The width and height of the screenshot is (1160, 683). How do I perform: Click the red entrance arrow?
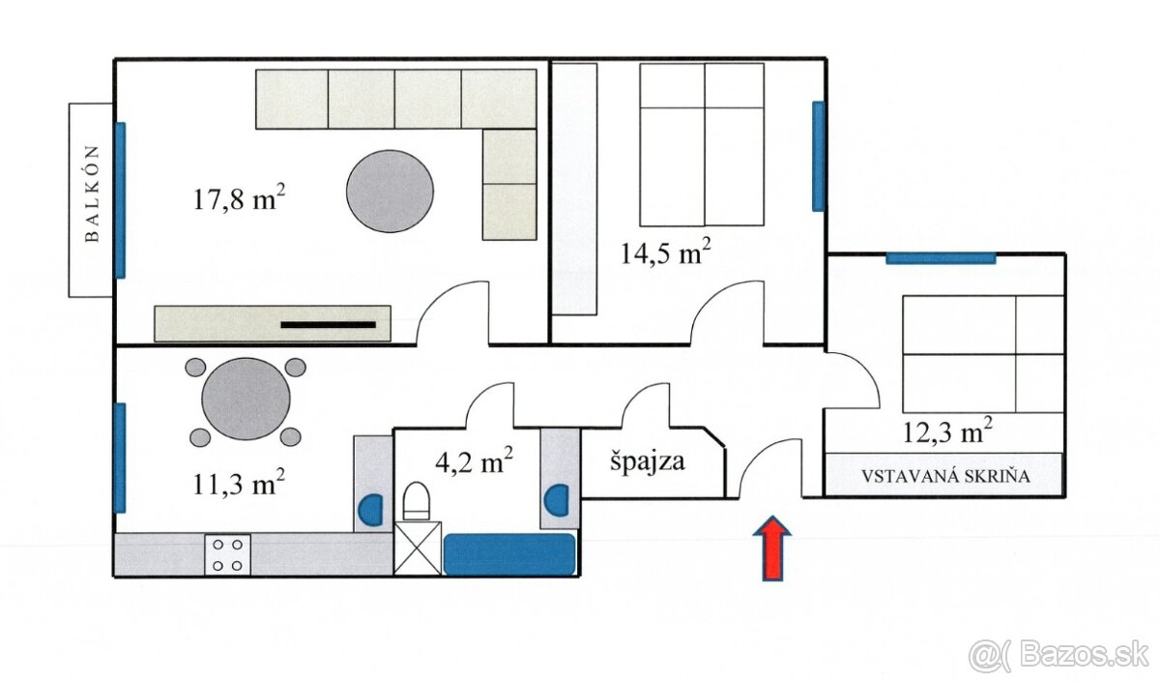[772, 548]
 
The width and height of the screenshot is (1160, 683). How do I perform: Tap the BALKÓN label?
[92, 194]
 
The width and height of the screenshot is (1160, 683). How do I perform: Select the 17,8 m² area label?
[240, 197]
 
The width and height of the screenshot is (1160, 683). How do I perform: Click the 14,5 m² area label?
[665, 252]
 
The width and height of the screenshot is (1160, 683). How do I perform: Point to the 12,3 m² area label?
[947, 431]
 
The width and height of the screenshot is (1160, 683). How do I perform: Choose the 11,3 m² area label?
[239, 483]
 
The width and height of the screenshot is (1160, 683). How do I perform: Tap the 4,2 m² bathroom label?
[475, 460]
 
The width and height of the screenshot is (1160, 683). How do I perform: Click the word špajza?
[648, 460]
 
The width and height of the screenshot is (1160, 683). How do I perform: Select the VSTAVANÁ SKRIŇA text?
[945, 476]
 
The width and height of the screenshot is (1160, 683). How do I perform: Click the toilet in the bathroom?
[417, 500]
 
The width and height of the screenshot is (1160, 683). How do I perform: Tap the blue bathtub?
[509, 554]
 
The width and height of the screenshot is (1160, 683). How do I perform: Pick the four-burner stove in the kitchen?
[227, 554]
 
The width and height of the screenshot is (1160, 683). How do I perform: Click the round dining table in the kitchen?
[246, 399]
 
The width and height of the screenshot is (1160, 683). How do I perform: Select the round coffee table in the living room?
[390, 192]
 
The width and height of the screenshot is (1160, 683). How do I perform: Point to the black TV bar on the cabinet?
[329, 325]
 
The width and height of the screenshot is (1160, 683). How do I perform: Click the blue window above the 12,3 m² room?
[941, 258]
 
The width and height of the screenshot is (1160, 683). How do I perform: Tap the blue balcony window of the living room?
[120, 200]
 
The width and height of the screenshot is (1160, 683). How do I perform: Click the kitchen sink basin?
[371, 510]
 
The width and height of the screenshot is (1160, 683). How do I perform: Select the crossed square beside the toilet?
[418, 549]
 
